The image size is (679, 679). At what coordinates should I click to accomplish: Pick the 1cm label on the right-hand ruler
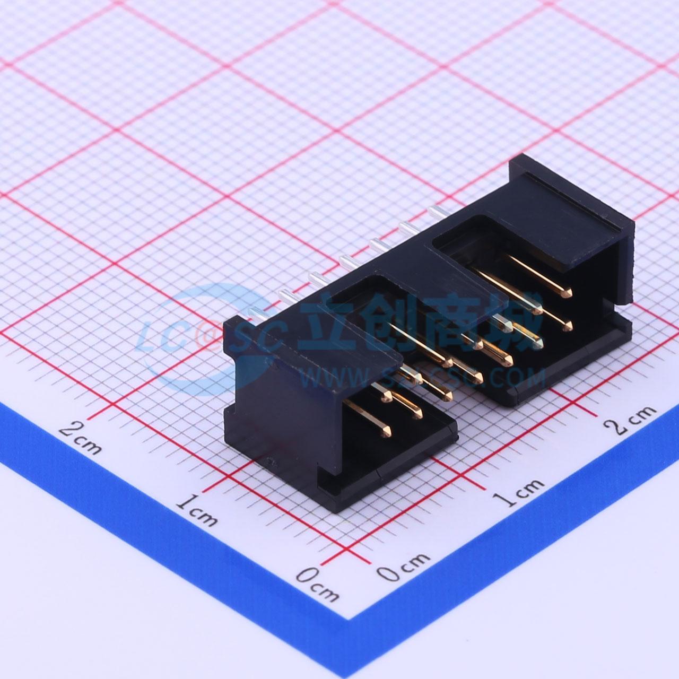click(518, 493)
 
